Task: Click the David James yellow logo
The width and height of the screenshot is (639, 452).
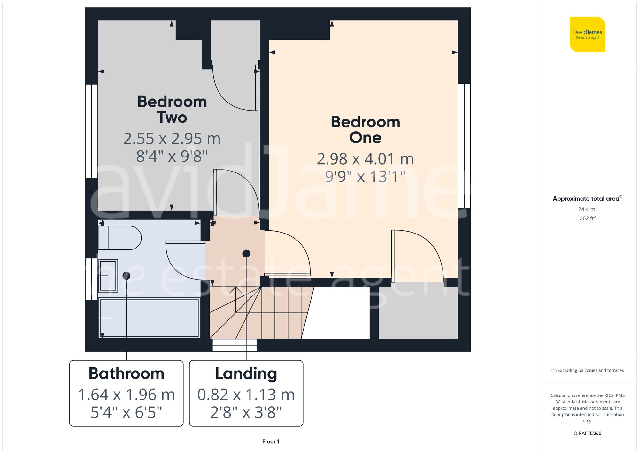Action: click(x=587, y=34)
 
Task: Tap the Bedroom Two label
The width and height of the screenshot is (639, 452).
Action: click(x=172, y=109)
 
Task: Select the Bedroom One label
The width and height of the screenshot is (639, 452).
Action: click(x=365, y=130)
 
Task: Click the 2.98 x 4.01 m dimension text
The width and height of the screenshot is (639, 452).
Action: click(x=365, y=159)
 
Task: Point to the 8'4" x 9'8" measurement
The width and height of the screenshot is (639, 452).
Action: click(x=172, y=156)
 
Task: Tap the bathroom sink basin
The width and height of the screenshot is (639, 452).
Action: click(x=108, y=276)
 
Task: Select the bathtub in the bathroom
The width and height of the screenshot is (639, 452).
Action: click(x=149, y=318)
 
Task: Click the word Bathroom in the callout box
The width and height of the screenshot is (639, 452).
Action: click(x=126, y=373)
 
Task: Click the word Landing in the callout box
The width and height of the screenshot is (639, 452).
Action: click(x=246, y=373)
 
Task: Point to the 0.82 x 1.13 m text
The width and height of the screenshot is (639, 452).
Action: click(x=246, y=395)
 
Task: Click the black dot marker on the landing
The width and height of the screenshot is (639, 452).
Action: click(x=246, y=254)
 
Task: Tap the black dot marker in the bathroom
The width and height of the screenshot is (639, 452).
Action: click(x=126, y=275)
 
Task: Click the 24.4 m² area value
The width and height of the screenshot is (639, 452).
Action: click(x=587, y=209)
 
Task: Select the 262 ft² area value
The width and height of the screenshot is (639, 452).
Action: click(x=587, y=218)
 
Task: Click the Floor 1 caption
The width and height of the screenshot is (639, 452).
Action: click(x=271, y=441)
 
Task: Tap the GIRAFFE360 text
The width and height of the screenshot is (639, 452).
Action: click(x=587, y=433)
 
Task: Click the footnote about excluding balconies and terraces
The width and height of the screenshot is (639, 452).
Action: click(x=587, y=370)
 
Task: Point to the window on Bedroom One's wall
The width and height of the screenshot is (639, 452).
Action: click(x=464, y=146)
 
